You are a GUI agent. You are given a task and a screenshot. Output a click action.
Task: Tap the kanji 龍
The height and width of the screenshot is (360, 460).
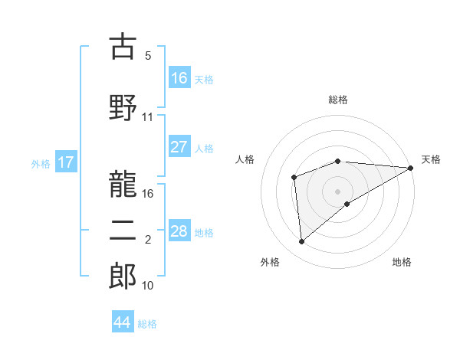click(123, 185)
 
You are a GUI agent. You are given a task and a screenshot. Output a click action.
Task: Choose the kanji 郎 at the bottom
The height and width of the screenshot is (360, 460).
click(123, 277)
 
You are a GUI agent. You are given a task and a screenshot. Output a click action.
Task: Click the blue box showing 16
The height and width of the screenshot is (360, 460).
click(179, 78)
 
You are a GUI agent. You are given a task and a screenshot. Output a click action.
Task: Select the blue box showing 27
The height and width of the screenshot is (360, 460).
click(179, 147)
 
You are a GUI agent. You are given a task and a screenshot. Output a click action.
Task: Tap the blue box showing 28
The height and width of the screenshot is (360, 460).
click(179, 231)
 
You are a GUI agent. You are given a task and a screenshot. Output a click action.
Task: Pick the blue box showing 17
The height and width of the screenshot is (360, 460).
click(66, 162)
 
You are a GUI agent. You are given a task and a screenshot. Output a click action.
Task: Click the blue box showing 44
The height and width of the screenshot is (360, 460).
click(123, 322)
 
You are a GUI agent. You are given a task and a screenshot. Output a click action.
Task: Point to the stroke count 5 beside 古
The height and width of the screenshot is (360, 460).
click(148, 56)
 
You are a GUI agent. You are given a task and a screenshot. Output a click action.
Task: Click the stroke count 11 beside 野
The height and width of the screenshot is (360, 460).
click(148, 117)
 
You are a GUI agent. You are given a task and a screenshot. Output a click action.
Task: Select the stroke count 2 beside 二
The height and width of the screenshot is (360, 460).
click(148, 240)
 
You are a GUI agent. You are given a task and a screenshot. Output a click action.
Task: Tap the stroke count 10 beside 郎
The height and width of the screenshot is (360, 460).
click(148, 286)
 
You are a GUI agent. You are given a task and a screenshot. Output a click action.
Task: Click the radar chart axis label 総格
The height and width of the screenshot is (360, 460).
click(338, 100)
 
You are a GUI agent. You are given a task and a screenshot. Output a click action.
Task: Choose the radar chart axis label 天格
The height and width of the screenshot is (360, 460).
click(431, 159)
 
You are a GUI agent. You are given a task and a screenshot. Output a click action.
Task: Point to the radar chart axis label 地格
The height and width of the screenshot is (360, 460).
click(402, 263)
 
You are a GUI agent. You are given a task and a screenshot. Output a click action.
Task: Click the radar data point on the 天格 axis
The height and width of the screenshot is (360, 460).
click(411, 168)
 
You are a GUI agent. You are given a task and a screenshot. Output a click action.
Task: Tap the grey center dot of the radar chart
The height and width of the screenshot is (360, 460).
click(338, 191)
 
